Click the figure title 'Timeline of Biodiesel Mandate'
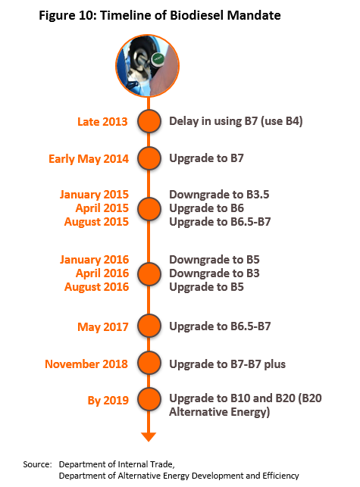(190, 15)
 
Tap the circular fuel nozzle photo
(148, 66)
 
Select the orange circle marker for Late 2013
(149, 121)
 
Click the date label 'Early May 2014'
(89, 159)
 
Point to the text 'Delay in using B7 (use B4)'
(236, 121)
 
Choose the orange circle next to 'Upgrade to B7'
(149, 158)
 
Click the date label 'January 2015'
(94, 195)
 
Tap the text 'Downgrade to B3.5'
(219, 195)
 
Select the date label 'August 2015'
(96, 222)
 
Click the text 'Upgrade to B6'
(206, 208)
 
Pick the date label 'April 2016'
(102, 273)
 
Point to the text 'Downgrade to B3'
(214, 273)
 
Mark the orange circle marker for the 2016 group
(149, 274)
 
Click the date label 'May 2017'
(103, 327)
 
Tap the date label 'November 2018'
(86, 364)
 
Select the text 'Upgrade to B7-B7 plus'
(227, 364)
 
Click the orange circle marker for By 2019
(149, 399)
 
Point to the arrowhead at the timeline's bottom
(149, 437)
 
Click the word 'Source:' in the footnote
(37, 464)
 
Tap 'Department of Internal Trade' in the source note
(117, 464)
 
